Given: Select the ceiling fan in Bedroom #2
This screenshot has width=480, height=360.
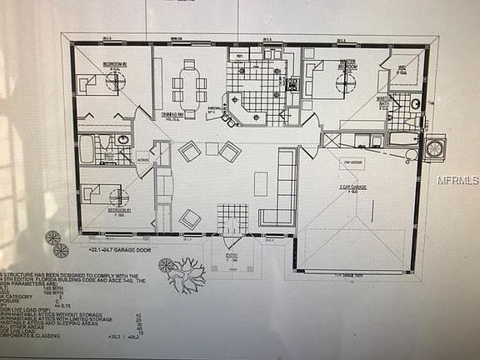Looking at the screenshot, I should click(114, 80).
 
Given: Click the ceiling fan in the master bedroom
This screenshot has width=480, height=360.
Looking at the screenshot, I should click(342, 81).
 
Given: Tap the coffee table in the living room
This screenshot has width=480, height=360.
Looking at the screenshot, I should click(261, 182).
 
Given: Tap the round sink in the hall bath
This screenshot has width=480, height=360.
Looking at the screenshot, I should click(122, 140).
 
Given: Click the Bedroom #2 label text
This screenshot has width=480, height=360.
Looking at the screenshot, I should click(113, 64).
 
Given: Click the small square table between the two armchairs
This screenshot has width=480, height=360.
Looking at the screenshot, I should click(212, 150).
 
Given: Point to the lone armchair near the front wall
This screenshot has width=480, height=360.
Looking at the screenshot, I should click(190, 218).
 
